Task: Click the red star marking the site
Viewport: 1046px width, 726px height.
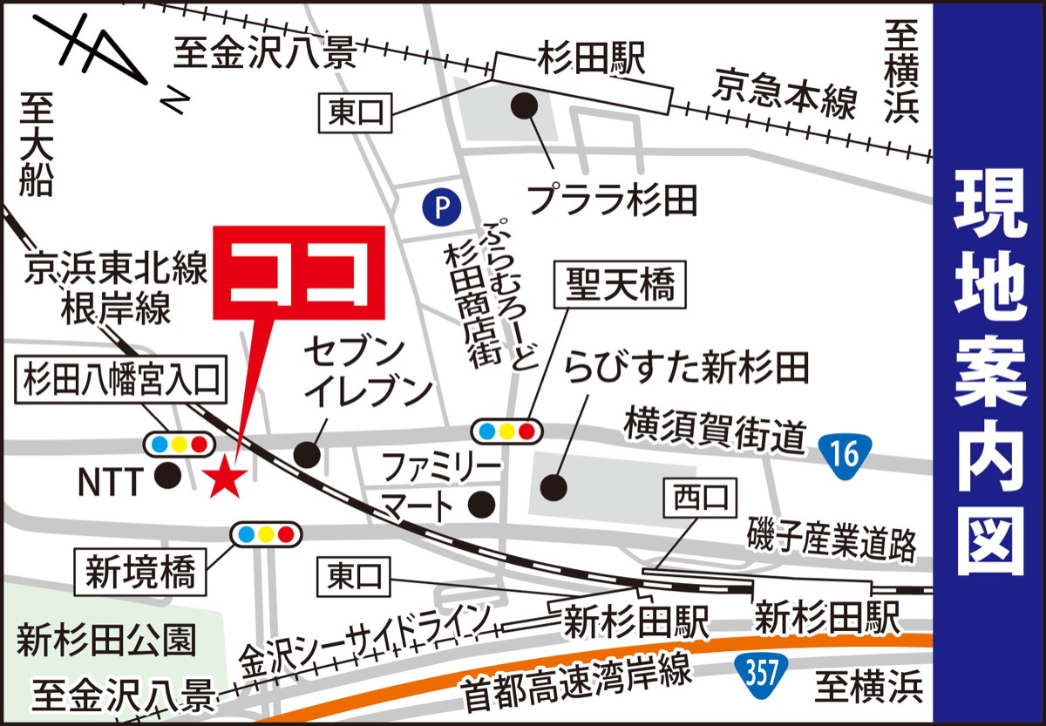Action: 225,477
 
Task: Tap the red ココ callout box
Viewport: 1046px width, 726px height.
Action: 299,273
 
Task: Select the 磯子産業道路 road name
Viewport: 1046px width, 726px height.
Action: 832,543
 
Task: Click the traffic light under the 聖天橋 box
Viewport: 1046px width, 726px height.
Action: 506,430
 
